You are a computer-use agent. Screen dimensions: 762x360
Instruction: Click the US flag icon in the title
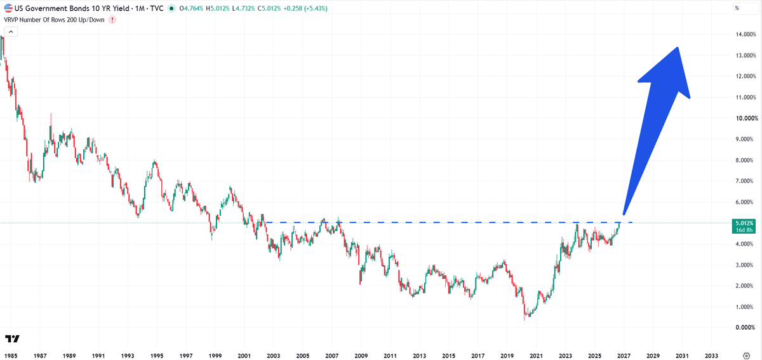pyautogui.click(x=8, y=8)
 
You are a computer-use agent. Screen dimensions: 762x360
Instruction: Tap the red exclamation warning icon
pyautogui.click(x=112, y=20)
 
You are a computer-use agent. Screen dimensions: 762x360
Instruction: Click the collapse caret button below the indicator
pyautogui.click(x=11, y=32)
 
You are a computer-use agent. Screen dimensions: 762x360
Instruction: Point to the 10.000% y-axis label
pyautogui.click(x=747, y=118)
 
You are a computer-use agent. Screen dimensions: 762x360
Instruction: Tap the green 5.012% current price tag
pyautogui.click(x=744, y=226)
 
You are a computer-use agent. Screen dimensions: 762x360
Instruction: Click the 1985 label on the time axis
pyautogui.click(x=11, y=356)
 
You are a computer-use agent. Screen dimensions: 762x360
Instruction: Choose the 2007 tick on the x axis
pyautogui.click(x=331, y=356)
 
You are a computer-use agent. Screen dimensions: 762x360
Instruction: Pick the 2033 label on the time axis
pyautogui.click(x=711, y=356)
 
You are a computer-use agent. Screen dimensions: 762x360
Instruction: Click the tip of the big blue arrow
pyautogui.click(x=678, y=48)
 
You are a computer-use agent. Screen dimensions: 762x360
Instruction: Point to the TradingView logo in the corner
pyautogui.click(x=12, y=338)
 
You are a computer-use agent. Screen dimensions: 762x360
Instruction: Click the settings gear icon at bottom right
pyautogui.click(x=746, y=356)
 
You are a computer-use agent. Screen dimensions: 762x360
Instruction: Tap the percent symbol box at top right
pyautogui.click(x=745, y=8)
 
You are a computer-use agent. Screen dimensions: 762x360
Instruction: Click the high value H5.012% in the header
pyautogui.click(x=218, y=8)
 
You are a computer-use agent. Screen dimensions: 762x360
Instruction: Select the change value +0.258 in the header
pyautogui.click(x=292, y=8)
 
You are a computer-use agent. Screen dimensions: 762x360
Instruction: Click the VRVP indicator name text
pyautogui.click(x=54, y=20)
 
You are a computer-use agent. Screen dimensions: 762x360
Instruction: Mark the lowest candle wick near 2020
pyautogui.click(x=525, y=318)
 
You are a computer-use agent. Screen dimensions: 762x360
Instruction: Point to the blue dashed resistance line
pyautogui.click(x=448, y=222)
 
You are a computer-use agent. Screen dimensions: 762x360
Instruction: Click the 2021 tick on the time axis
pyautogui.click(x=536, y=356)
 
